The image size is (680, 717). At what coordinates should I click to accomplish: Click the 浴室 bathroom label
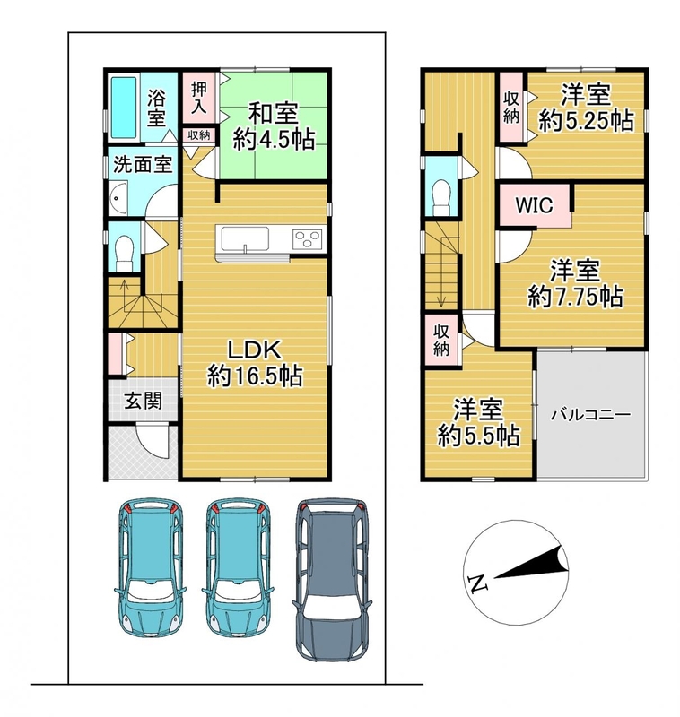(156, 108)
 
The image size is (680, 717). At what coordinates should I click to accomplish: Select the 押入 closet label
(198, 98)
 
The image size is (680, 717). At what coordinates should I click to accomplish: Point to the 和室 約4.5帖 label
(274, 126)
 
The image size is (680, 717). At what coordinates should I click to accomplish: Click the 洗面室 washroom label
(143, 165)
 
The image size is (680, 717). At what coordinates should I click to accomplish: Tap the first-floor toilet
(124, 253)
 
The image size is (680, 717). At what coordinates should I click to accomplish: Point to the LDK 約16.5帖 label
(255, 364)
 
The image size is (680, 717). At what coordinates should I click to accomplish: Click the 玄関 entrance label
(144, 401)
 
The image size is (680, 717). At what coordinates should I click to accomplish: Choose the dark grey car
(332, 579)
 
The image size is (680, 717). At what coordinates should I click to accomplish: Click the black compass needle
(530, 563)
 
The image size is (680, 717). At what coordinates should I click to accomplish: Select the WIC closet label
(534, 205)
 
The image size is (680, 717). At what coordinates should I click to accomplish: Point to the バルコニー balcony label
(590, 415)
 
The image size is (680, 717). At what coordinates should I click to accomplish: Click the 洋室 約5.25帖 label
(586, 108)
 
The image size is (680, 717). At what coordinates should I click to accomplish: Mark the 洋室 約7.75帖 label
(575, 283)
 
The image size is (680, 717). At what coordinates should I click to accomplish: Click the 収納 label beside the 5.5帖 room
(441, 340)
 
